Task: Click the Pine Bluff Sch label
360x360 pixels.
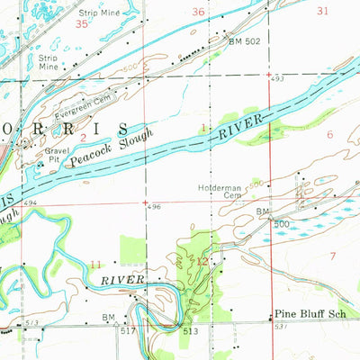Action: (x=310, y=316)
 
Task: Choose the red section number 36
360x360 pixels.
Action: (x=198, y=12)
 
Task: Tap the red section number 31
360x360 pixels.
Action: (x=323, y=11)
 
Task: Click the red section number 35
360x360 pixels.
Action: (x=82, y=25)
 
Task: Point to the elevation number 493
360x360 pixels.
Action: (x=279, y=80)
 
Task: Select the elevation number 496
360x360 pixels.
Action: (x=155, y=207)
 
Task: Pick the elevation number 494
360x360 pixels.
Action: (x=31, y=203)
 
